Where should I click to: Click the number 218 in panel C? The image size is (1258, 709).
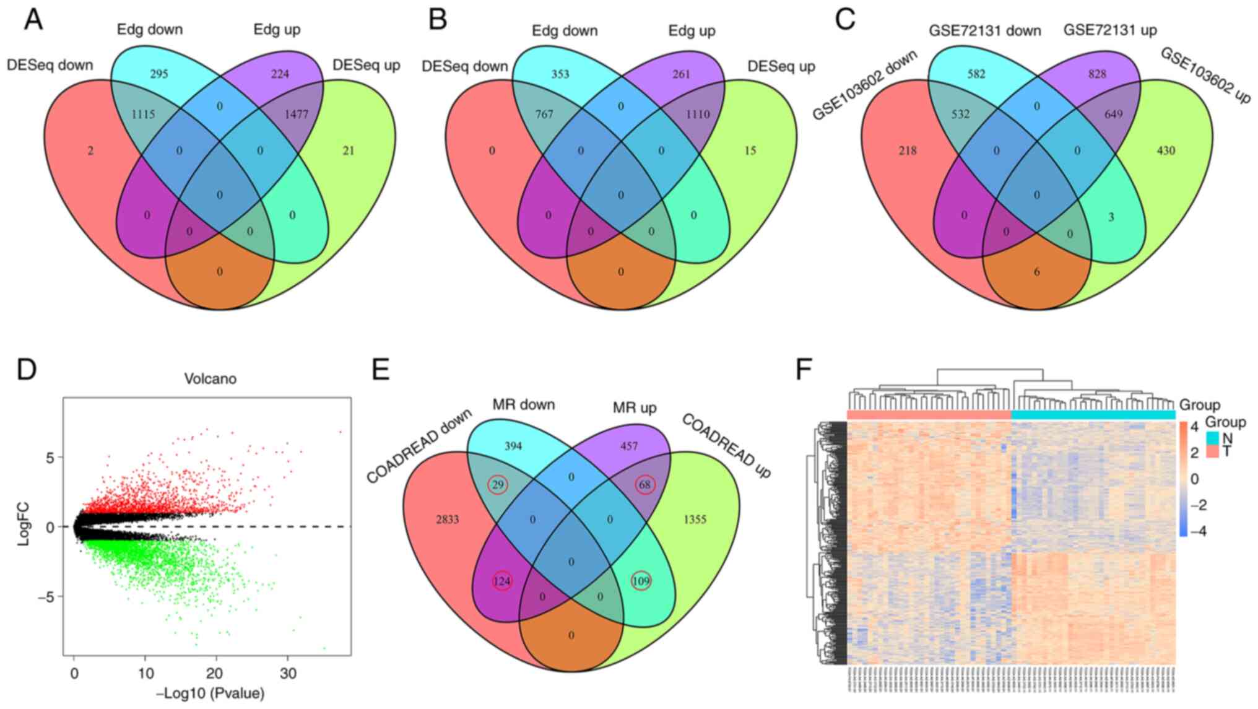[908, 150]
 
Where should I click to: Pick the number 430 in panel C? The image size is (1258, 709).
[1166, 150]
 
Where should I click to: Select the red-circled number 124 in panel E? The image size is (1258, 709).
[502, 581]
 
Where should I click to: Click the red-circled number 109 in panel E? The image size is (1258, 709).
[641, 581]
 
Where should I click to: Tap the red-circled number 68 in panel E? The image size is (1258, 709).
[645, 485]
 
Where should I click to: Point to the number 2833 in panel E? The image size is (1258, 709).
[447, 520]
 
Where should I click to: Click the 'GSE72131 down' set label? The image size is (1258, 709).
[984, 31]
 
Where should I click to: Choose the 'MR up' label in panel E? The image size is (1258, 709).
[635, 408]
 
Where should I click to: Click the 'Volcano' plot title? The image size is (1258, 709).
[210, 378]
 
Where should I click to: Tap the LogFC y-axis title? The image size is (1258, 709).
[24, 526]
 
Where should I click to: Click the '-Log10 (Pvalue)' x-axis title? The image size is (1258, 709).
[210, 693]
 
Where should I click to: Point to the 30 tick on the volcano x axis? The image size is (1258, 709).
[287, 673]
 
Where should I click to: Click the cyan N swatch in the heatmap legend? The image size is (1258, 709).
[1213, 438]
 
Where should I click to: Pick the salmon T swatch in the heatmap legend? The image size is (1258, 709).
[1213, 451]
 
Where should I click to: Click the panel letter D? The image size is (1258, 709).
[27, 370]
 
